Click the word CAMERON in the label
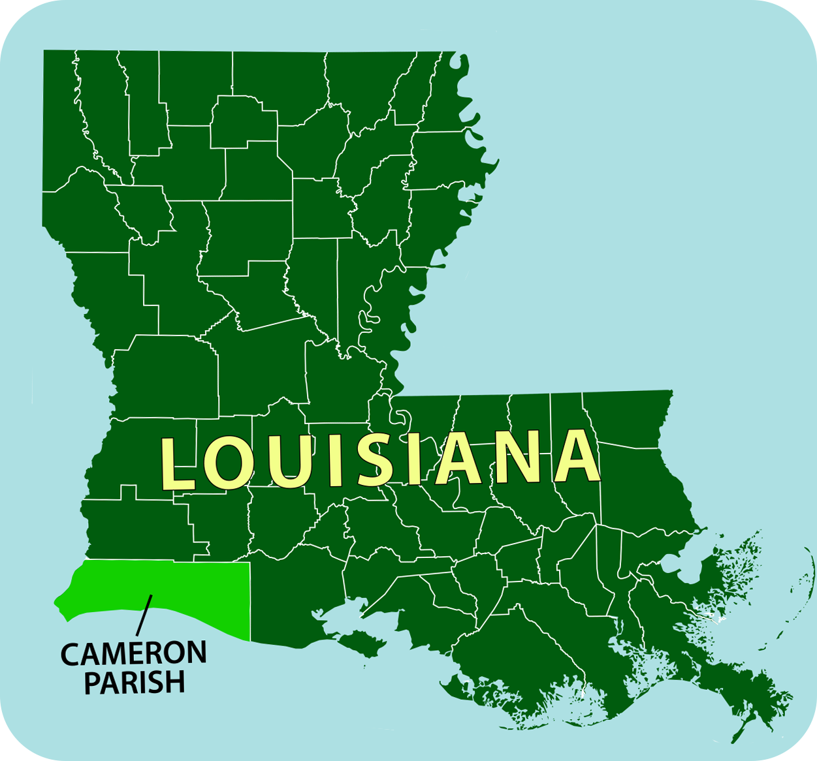(133, 653)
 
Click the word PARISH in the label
(135, 683)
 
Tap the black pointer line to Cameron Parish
(144, 614)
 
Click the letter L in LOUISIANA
(178, 464)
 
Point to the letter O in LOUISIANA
(228, 464)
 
